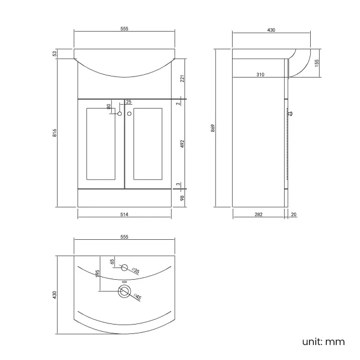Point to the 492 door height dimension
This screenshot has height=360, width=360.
(x=182, y=143)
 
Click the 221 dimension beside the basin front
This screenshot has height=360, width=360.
(x=182, y=78)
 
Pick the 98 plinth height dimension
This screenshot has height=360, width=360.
(x=182, y=198)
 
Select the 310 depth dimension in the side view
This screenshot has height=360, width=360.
(x=260, y=74)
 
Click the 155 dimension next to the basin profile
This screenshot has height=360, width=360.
(x=316, y=63)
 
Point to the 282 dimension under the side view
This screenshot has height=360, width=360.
(x=258, y=214)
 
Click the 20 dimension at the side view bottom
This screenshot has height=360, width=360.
(x=293, y=214)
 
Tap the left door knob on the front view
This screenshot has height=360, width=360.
(x=120, y=114)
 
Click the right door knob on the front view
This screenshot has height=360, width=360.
(x=130, y=114)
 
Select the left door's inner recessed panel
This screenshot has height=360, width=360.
(x=101, y=143)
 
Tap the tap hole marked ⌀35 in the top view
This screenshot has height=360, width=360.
(x=124, y=269)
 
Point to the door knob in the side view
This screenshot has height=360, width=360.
(x=290, y=114)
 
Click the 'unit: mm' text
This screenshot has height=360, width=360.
(x=323, y=341)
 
